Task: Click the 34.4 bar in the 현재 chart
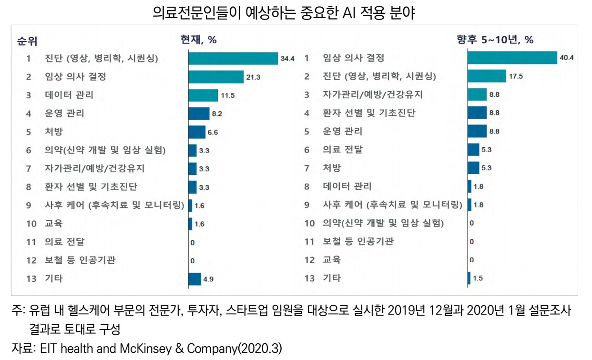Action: coord(233,58)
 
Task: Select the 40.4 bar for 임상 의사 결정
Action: coord(512,58)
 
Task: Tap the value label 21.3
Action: coord(253,77)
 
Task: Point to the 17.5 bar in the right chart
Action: coord(486,76)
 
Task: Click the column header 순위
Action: coord(27,41)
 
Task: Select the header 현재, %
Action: coord(198,40)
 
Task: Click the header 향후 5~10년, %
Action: coord(495,40)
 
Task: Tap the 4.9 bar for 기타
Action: coord(194,279)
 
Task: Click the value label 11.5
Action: coord(227,95)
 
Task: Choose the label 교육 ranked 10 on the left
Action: coord(53,223)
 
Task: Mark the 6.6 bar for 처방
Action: coord(196,132)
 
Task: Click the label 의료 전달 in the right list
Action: coord(342,150)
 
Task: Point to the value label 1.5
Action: coord(478,279)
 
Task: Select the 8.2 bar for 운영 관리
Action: coord(198,113)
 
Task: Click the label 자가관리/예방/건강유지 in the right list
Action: coord(372,95)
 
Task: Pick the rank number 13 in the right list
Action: coord(310,278)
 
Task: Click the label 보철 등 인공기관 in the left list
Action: coord(80,260)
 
